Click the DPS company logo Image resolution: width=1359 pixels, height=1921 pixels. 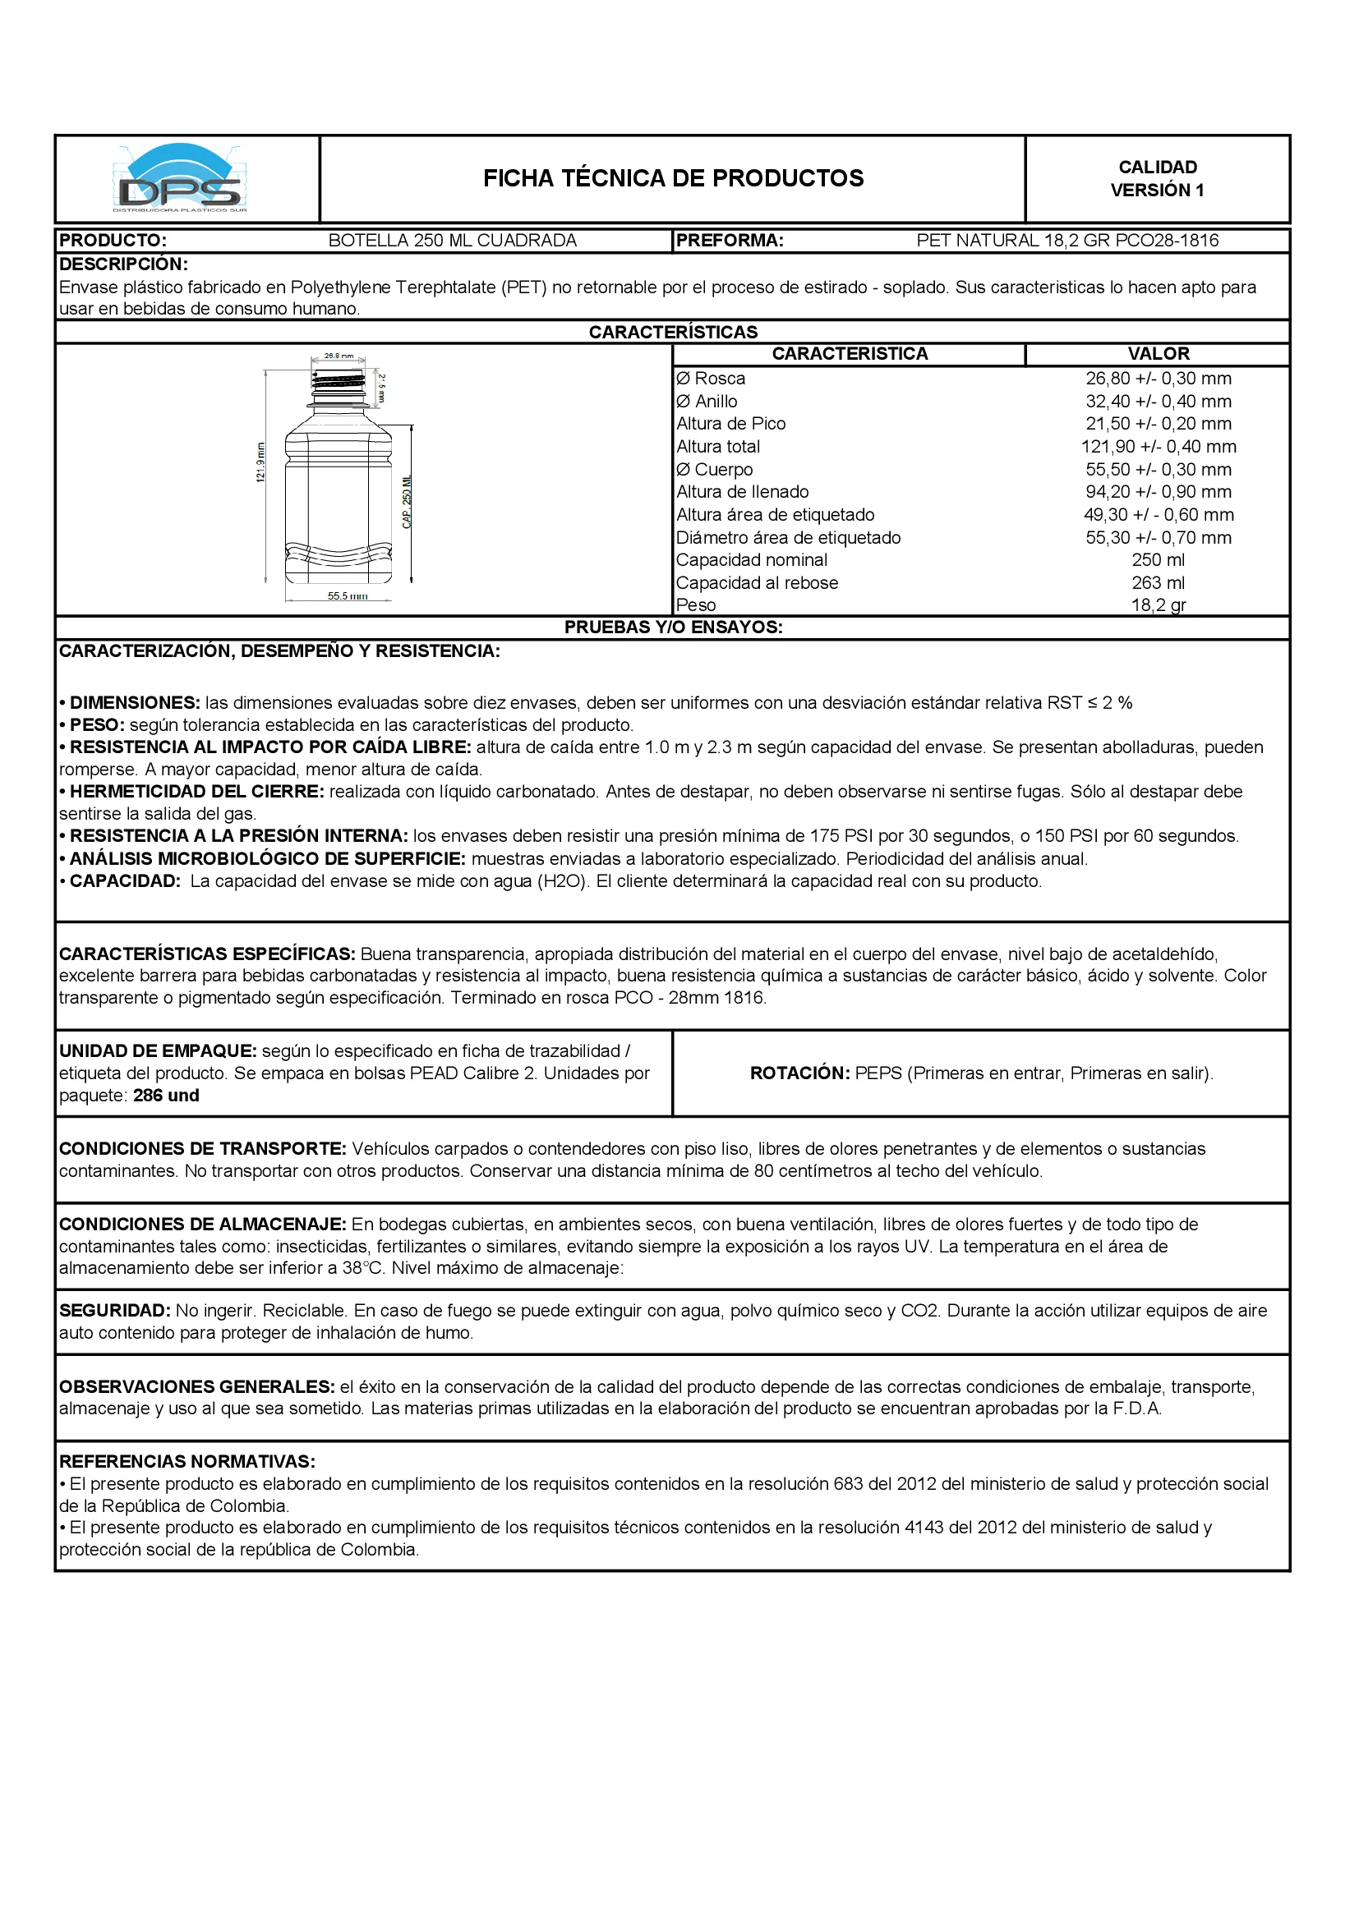181,179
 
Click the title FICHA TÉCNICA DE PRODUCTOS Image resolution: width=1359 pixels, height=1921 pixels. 673,178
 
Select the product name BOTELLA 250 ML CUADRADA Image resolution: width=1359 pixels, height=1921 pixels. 452,241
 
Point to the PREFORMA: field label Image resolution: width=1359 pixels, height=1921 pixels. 730,241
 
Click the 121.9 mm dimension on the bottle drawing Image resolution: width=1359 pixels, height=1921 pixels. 260,462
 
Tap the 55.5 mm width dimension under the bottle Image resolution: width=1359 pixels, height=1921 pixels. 348,596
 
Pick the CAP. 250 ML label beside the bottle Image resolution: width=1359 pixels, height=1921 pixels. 408,502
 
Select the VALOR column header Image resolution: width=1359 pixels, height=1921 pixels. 1159,354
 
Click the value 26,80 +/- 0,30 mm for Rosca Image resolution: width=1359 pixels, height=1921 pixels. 1159,379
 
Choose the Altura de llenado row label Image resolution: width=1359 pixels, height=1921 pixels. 742,492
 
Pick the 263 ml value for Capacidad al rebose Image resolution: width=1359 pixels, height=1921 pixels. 1159,583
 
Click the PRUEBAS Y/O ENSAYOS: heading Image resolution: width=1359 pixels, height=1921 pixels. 673,627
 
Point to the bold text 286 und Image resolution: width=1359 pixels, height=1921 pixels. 166,1096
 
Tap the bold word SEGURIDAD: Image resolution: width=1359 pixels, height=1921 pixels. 115,1311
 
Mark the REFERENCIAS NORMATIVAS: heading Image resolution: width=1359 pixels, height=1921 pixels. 187,1462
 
